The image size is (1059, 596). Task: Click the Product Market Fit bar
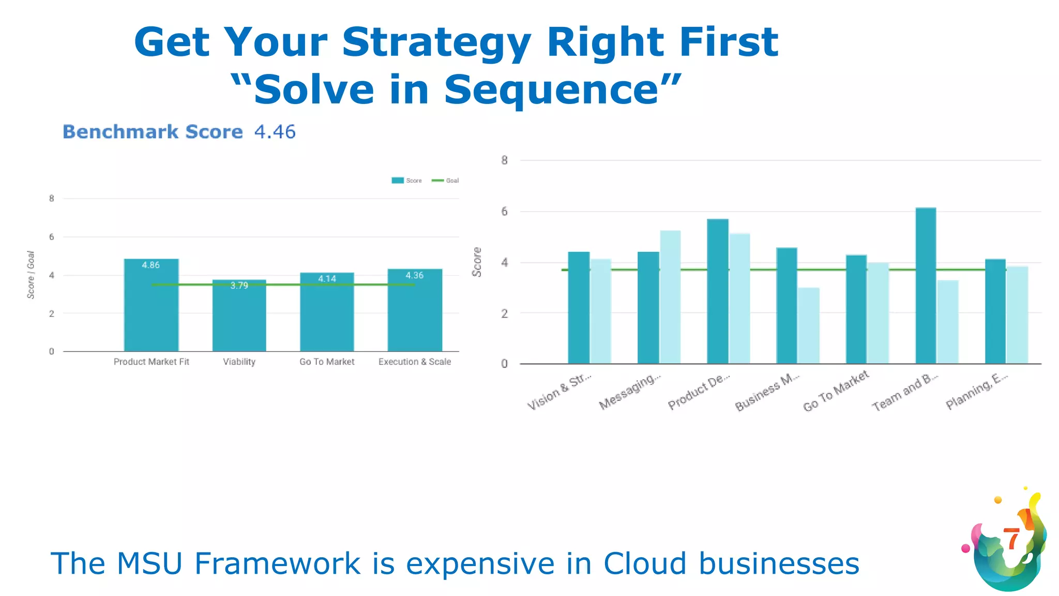[x=151, y=305]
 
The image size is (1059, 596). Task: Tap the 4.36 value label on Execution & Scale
[x=414, y=275]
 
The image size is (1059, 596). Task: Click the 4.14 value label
[x=327, y=279]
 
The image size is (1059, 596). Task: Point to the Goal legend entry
[x=446, y=181]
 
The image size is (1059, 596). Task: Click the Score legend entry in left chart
[x=407, y=181]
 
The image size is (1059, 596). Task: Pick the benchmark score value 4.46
[x=275, y=132]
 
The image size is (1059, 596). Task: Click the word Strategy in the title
[x=436, y=42]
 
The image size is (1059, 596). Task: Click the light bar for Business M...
[x=808, y=325]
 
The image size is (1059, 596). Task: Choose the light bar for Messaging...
[x=670, y=297]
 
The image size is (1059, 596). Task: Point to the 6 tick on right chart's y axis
[x=504, y=212]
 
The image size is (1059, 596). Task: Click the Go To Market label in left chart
[x=327, y=362]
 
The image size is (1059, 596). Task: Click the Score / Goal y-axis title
[x=31, y=275]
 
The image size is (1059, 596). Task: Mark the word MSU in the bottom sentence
[x=149, y=563]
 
